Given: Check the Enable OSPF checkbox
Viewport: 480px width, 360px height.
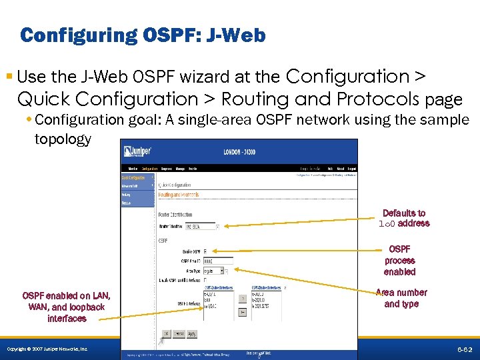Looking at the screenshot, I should coord(205,251).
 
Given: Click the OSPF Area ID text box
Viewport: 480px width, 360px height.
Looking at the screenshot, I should coord(217,261).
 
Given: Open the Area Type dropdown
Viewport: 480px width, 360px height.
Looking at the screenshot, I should coord(217,271).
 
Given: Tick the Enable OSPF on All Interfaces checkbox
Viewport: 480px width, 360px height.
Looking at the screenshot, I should coord(205,280).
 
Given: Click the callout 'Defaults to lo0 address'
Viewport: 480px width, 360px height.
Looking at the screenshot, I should coord(404,218).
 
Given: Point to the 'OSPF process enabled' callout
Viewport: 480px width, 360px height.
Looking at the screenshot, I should coord(399,261).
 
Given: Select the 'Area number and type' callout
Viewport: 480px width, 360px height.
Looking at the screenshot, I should coord(401,298).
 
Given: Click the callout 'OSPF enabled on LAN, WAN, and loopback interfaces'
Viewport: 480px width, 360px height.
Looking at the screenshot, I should coord(67,307).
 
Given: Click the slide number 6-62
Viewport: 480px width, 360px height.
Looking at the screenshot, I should coord(465,349).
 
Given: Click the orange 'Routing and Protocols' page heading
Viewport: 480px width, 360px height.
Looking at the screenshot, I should coord(178,195).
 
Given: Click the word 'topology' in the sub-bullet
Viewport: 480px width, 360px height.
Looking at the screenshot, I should coord(63,139).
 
